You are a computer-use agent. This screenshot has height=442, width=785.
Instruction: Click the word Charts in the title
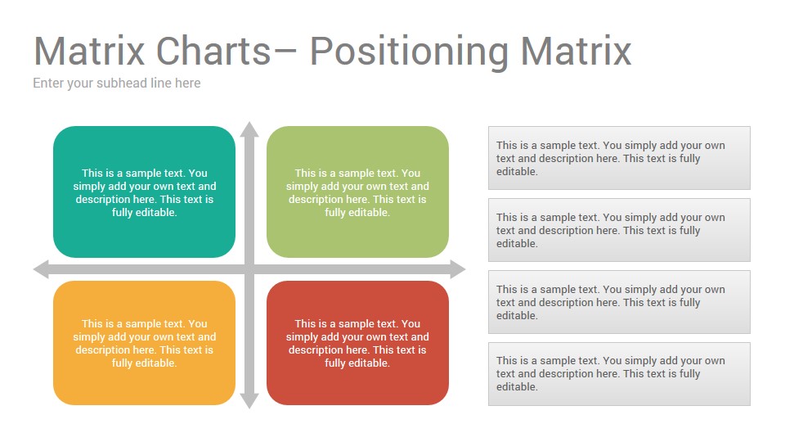[x=213, y=51]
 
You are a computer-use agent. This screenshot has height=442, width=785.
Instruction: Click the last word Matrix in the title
[x=576, y=51]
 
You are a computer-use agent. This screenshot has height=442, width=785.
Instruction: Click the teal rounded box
[x=144, y=192]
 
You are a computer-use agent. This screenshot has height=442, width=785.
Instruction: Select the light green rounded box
[x=357, y=192]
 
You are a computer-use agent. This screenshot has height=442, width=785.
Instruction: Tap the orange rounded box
[x=144, y=343]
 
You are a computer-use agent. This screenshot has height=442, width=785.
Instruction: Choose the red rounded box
[x=357, y=343]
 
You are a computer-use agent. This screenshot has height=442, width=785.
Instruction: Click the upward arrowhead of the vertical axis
[x=249, y=129]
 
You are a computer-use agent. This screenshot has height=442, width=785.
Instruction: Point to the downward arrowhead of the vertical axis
[x=249, y=401]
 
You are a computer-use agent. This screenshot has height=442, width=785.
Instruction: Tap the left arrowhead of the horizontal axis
[x=41, y=269]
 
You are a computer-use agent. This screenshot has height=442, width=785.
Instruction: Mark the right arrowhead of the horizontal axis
[x=458, y=269]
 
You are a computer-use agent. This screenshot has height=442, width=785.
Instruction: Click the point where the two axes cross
[x=249, y=269]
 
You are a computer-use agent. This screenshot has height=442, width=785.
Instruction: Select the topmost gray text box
[x=619, y=158]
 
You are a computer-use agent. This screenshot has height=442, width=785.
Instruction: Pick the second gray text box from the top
[x=619, y=230]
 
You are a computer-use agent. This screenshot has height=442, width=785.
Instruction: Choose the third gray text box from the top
[x=619, y=302]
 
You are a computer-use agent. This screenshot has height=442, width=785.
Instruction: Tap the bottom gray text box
[x=619, y=374]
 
